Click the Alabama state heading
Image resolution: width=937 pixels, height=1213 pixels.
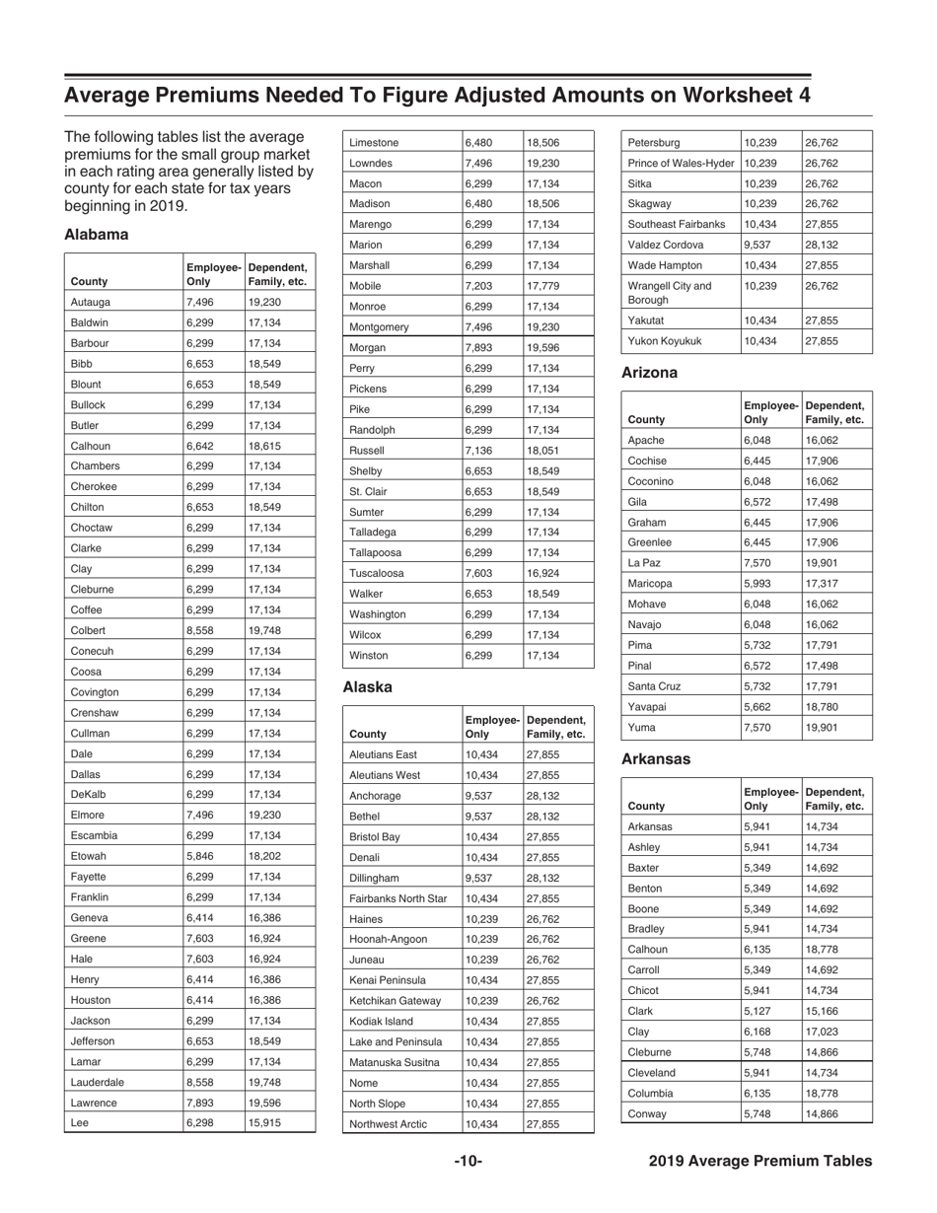pyautogui.click(x=97, y=236)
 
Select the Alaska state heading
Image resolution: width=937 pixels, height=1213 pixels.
pyautogui.click(x=367, y=686)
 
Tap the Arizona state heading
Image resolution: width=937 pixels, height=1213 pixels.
pyautogui.click(x=648, y=373)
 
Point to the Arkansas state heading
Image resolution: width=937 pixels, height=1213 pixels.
pyautogui.click(x=655, y=759)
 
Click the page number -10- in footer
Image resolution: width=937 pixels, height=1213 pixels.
pyautogui.click(x=468, y=1162)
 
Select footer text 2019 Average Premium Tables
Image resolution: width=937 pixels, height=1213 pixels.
pyautogui.click(x=760, y=1162)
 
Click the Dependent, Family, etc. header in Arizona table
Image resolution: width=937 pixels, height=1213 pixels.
pyautogui.click(x=834, y=412)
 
